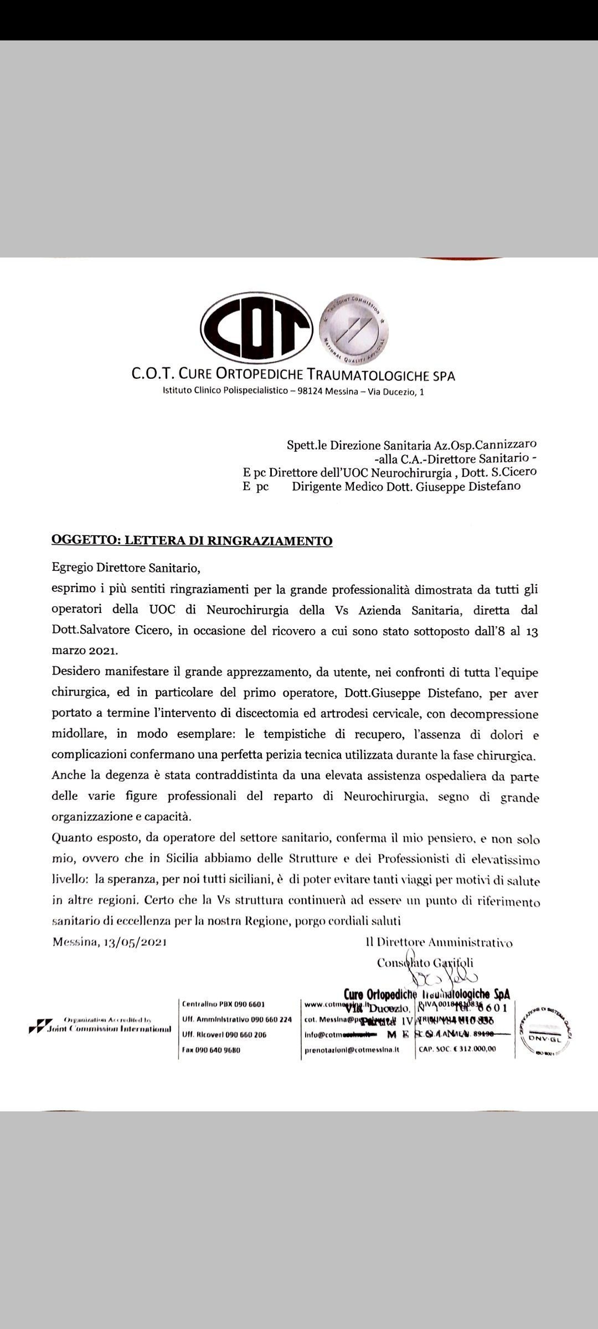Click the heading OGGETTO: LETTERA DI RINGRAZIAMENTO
[x=192, y=540]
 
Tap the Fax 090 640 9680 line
[x=211, y=1049]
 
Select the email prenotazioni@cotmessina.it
[x=352, y=1049]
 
